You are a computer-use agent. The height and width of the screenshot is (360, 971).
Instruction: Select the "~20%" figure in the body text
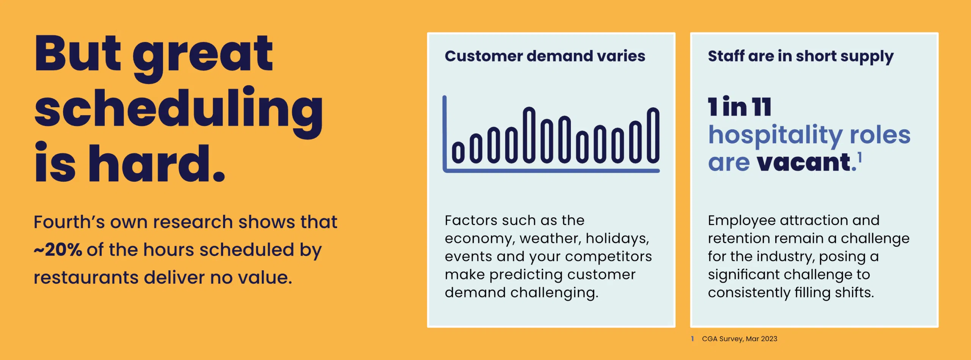pyautogui.click(x=58, y=250)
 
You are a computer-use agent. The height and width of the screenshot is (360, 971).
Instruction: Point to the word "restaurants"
pyautogui.click(x=86, y=278)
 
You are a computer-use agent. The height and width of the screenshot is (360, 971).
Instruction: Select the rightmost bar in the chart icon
pyautogui.click(x=653, y=135)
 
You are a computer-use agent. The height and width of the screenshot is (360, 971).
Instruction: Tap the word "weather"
pyautogui.click(x=550, y=239)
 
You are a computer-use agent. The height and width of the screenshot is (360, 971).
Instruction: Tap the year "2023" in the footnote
pyautogui.click(x=769, y=339)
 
